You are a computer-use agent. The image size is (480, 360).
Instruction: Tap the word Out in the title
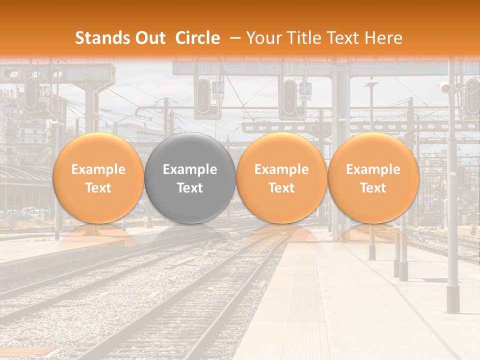pos(149,38)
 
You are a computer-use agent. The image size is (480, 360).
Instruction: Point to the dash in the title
pos(234,38)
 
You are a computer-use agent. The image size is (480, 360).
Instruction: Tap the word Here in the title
pos(384,38)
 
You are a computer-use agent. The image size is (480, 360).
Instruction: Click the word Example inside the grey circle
pos(190,169)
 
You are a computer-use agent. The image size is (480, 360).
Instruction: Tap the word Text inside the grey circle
pos(190,188)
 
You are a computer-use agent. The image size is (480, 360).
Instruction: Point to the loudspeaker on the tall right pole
pos(444,88)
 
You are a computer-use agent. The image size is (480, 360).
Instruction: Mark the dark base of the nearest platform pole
pos(453,299)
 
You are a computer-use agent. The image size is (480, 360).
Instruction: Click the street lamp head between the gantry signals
pos(371,83)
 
